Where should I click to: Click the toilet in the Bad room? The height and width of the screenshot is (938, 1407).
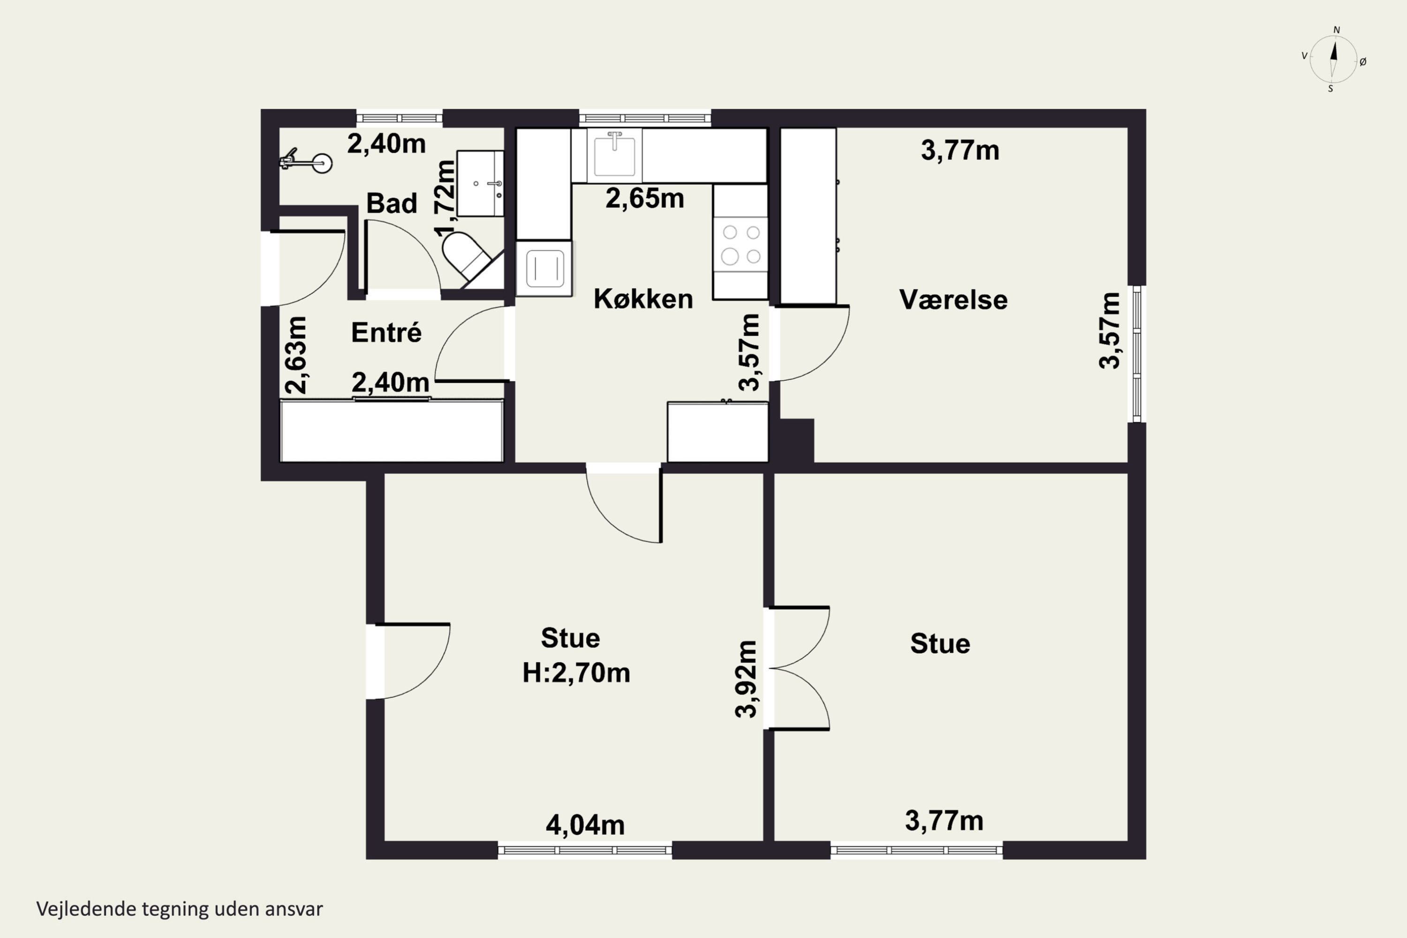click(x=467, y=256)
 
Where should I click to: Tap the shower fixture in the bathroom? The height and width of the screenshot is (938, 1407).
click(x=306, y=161)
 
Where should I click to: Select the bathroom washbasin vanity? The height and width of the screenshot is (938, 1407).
click(x=480, y=183)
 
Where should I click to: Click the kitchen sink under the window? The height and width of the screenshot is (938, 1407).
click(x=614, y=155)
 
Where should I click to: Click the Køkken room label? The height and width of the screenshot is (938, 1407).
click(x=643, y=298)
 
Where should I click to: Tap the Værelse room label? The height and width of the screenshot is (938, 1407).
click(x=953, y=300)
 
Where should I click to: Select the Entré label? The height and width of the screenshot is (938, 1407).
click(x=386, y=332)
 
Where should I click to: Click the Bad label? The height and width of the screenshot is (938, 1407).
click(x=392, y=204)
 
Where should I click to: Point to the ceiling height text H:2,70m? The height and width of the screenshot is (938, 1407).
click(x=576, y=673)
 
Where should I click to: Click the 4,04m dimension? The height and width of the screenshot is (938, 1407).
click(x=585, y=825)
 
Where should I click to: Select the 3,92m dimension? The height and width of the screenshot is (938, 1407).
click(x=746, y=679)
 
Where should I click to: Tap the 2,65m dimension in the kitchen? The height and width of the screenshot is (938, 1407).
click(x=645, y=198)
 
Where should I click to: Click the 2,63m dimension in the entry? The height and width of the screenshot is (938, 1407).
click(x=295, y=355)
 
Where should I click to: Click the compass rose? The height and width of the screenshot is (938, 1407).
click(x=1333, y=59)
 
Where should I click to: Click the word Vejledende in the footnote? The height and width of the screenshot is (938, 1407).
click(x=87, y=909)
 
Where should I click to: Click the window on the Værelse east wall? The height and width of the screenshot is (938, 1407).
click(x=1136, y=354)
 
